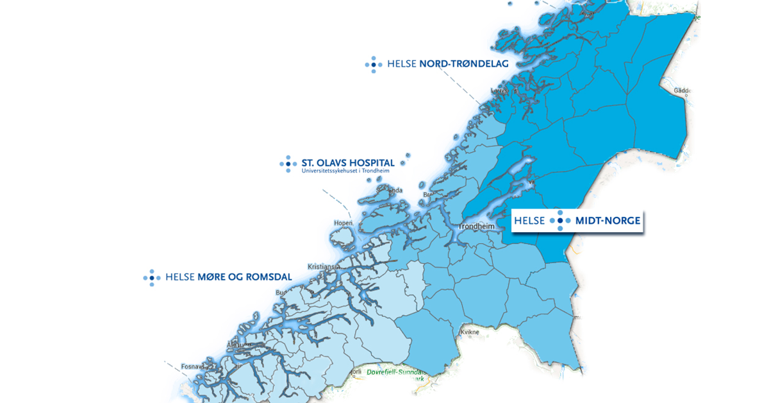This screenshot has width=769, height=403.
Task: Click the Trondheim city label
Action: [476, 227]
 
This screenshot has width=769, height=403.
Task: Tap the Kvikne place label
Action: [470, 332]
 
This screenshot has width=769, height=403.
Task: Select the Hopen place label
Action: [343, 223]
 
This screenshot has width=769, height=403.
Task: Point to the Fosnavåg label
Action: [192, 366]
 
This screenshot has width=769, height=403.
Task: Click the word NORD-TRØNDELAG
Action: [463, 64]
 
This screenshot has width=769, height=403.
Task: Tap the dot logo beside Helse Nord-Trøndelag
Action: [374, 64]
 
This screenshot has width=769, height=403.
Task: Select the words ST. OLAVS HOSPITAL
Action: [348, 163]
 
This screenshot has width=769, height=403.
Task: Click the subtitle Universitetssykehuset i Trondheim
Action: [345, 171]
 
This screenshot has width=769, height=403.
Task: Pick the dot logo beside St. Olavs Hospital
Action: [288, 164]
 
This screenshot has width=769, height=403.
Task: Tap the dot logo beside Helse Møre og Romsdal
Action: [152, 277]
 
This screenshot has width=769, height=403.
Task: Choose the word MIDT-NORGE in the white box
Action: [608, 221]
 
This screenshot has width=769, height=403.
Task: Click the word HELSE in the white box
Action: [529, 221]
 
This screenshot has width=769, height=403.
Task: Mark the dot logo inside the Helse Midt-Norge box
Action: [560, 221]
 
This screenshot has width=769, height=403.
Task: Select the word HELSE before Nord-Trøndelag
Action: [402, 64]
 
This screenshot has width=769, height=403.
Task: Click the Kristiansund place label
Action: [323, 266]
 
